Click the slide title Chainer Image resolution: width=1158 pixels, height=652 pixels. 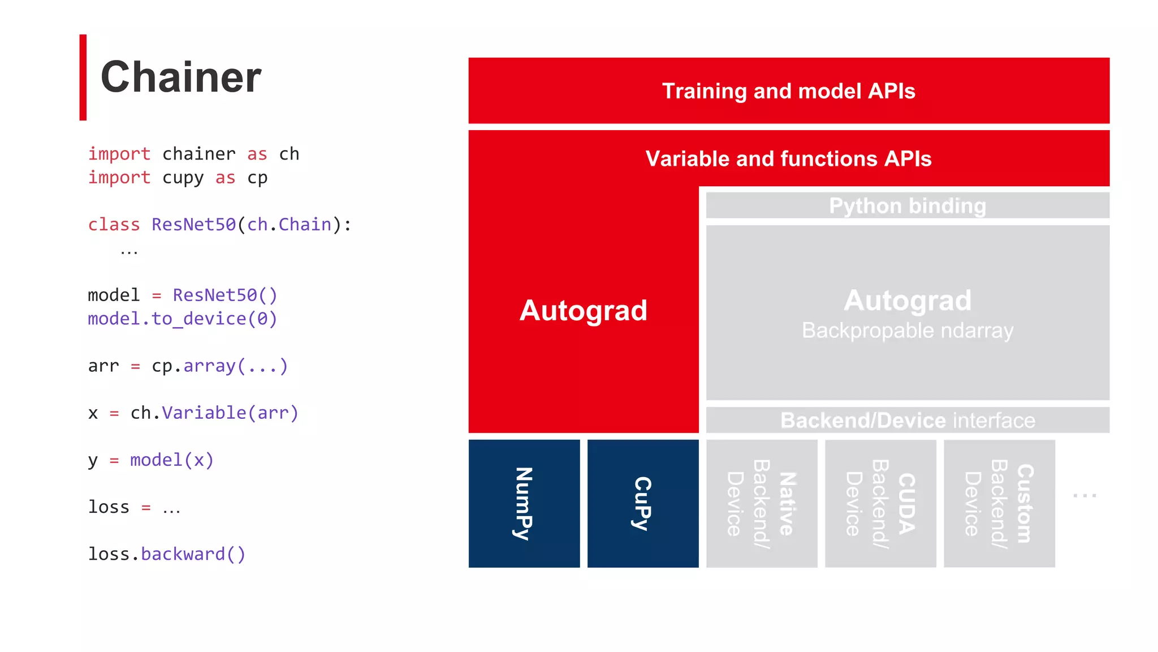(x=180, y=77)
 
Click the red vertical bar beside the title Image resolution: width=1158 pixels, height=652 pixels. (x=83, y=78)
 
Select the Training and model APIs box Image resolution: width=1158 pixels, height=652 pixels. (x=788, y=91)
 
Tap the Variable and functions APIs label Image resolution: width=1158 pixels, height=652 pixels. (x=788, y=158)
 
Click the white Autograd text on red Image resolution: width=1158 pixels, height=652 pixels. (x=583, y=310)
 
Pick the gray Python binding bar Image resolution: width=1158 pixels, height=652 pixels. (x=907, y=205)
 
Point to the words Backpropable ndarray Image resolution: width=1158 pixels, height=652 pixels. (x=907, y=331)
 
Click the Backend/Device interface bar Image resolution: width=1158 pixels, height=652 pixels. (x=907, y=420)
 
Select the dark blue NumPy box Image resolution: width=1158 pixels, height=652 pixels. (x=524, y=503)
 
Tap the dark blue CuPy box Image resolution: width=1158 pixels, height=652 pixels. (x=643, y=503)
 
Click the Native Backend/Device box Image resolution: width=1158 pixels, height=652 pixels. (x=762, y=503)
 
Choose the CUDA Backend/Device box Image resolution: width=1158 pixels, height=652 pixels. (x=880, y=503)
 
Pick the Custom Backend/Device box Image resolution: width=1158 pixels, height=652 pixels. (x=999, y=503)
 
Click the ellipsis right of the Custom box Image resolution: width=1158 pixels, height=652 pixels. (x=1084, y=495)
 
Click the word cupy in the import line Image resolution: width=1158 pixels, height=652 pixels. (x=183, y=178)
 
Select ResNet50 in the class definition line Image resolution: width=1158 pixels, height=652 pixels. (x=193, y=225)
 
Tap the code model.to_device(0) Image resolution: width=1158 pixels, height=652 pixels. (x=182, y=319)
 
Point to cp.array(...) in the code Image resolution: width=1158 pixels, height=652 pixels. (x=219, y=366)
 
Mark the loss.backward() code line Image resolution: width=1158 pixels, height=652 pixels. (x=167, y=554)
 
